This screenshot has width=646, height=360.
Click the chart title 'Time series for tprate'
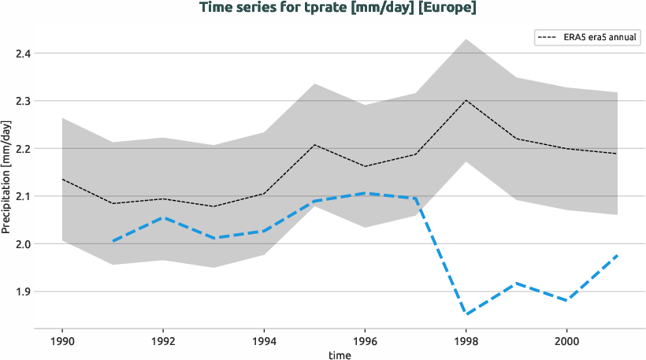[x=338, y=9]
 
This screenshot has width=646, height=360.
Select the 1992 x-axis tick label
[x=162, y=341]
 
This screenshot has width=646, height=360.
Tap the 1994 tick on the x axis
[x=263, y=341]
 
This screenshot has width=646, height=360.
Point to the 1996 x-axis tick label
[x=365, y=341]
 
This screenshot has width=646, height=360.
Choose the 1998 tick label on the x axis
[x=466, y=341]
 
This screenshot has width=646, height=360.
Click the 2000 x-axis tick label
[x=566, y=341]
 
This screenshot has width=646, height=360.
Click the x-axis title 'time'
[x=340, y=354]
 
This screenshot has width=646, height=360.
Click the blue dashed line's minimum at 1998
[x=466, y=314]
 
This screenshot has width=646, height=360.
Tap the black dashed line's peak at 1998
[x=466, y=100]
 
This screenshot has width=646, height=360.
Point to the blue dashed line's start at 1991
[x=112, y=241]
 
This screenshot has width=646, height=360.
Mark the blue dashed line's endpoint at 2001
[x=617, y=255]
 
